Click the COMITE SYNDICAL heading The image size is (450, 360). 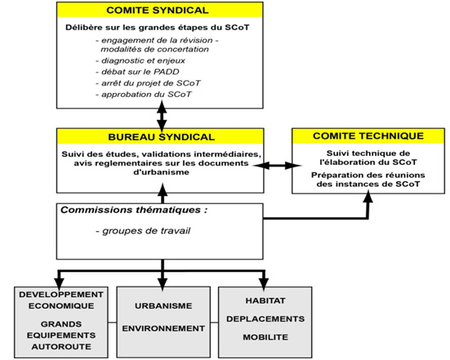(158, 11)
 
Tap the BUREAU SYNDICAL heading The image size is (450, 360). (161, 137)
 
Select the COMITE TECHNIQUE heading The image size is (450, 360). (368, 136)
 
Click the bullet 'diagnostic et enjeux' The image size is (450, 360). (140, 60)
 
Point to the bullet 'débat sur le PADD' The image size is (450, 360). (137, 71)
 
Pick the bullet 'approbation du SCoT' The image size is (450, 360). (144, 94)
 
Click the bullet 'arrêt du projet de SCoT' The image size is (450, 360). (148, 83)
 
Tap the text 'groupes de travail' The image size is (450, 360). (143, 231)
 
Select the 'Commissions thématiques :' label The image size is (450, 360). (134, 210)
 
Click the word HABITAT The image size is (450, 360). (265, 300)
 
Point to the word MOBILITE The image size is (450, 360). (265, 337)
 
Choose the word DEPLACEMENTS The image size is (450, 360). (265, 318)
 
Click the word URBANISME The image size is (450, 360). (163, 305)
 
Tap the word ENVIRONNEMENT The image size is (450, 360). (163, 328)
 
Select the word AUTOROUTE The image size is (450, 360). (61, 346)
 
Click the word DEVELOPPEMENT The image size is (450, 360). (61, 295)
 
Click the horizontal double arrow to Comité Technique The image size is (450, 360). (277, 165)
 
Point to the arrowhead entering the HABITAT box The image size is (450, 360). (264, 283)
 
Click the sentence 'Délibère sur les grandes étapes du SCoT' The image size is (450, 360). (158, 27)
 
